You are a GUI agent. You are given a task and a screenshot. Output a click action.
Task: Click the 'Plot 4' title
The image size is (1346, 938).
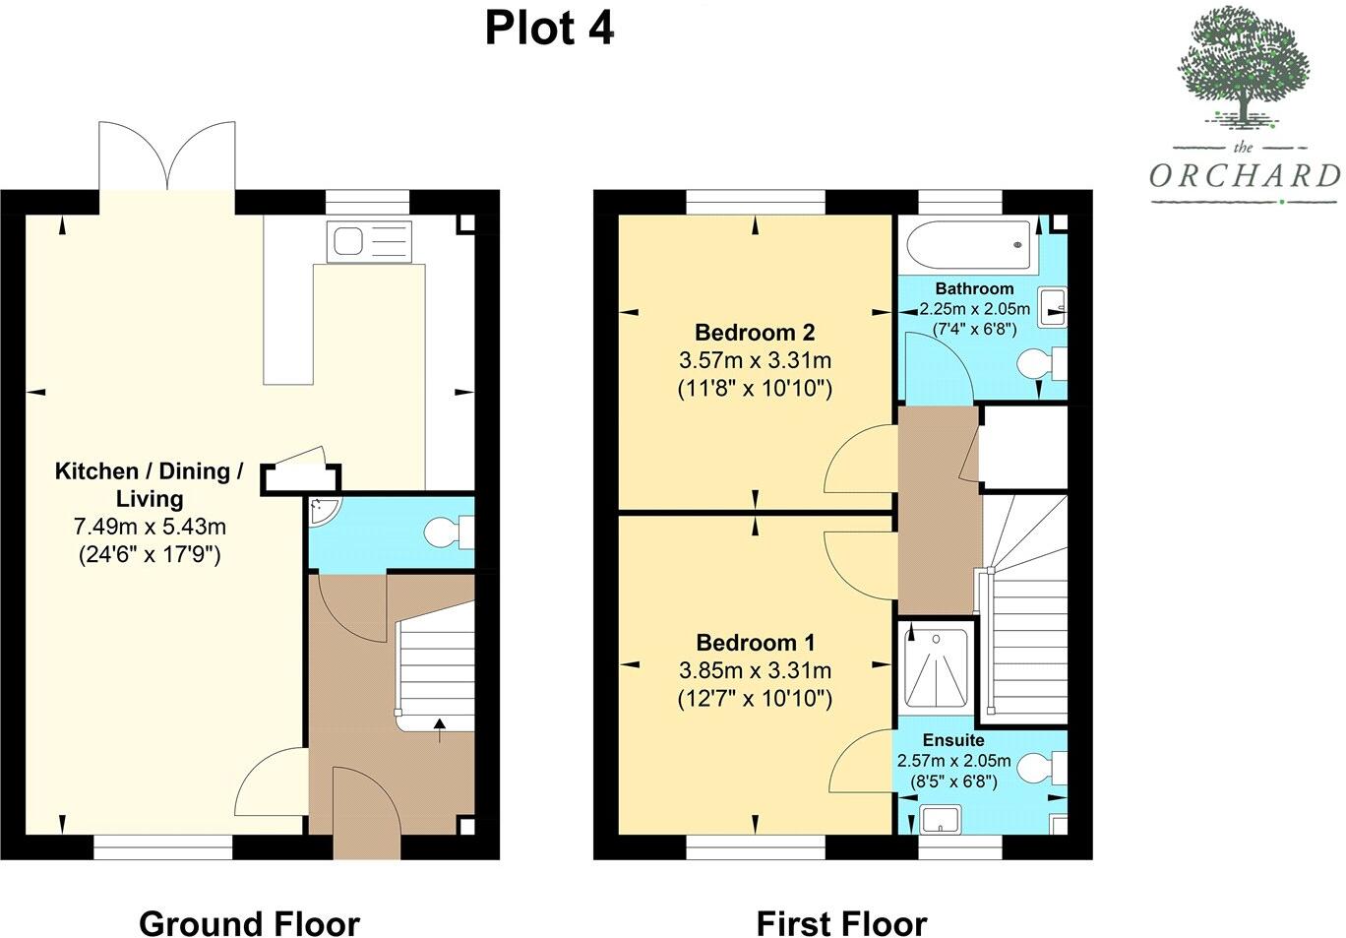[549, 29]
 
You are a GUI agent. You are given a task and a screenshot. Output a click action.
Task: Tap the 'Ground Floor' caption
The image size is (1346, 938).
[249, 923]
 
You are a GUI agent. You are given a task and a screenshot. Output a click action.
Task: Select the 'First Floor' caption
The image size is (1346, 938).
[841, 923]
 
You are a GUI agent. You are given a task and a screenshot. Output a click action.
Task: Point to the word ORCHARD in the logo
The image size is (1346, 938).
[1245, 176]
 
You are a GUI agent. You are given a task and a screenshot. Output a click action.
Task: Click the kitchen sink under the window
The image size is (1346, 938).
[370, 242]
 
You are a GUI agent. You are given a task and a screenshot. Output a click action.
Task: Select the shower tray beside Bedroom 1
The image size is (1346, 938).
[936, 667]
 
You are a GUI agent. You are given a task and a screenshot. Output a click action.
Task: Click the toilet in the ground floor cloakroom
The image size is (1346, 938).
[449, 532]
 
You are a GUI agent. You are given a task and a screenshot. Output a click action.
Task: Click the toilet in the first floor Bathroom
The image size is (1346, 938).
[1042, 364]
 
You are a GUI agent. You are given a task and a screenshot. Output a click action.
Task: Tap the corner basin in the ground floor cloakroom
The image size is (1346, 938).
[324, 509]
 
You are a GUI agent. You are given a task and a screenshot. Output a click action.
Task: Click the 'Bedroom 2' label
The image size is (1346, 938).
[755, 332]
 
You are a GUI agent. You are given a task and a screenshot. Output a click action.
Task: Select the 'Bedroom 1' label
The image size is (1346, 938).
[756, 643]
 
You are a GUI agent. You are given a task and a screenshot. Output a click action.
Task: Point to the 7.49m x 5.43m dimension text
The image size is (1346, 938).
[150, 527]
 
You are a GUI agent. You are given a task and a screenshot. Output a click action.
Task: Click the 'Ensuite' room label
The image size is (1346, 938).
[953, 740]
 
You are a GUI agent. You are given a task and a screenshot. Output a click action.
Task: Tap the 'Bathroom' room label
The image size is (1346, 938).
[974, 288]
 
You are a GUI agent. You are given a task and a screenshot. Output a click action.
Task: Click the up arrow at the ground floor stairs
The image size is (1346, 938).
[440, 730]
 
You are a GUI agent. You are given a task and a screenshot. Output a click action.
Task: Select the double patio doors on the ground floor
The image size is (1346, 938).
[167, 156]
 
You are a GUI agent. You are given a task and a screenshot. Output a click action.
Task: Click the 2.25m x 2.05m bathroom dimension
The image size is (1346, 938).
[975, 309]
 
